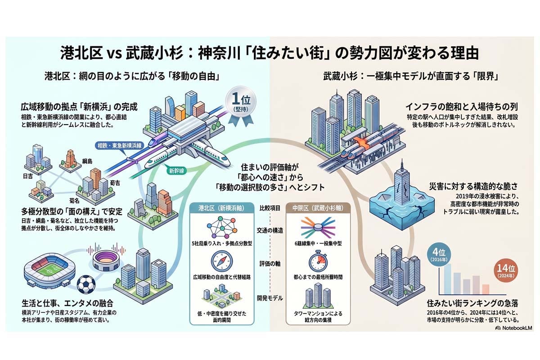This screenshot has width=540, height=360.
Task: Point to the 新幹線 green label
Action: (x=176, y=171)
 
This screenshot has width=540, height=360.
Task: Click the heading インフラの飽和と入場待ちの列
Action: (x=461, y=107)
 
